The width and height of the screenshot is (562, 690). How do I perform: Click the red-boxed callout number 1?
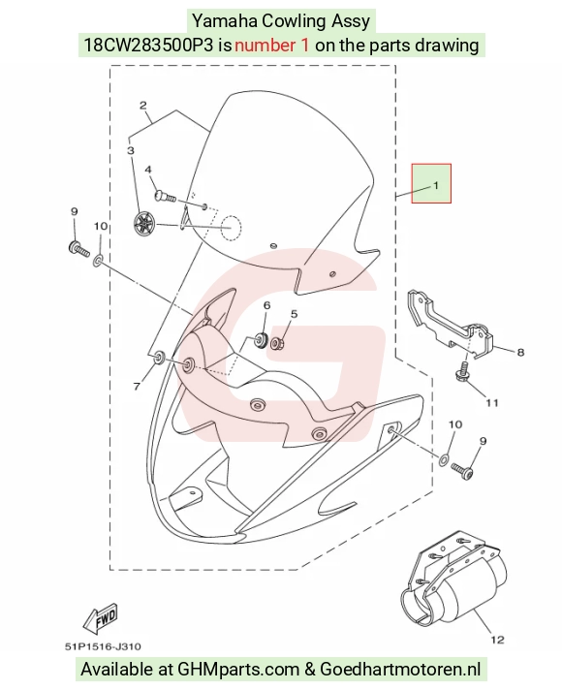[436, 185]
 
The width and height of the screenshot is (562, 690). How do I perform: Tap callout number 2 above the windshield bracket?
[143, 106]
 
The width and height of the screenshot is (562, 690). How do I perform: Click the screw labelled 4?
[165, 196]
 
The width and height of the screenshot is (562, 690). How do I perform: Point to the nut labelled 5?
[277, 342]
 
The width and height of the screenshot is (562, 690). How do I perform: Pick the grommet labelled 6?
[261, 340]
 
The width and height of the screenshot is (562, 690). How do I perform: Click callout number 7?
[137, 387]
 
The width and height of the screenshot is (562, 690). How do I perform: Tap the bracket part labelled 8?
[450, 325]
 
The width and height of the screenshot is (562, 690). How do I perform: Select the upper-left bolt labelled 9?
[78, 249]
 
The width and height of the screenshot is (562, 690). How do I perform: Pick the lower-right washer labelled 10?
[444, 460]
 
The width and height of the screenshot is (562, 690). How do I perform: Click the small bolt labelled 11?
[462, 372]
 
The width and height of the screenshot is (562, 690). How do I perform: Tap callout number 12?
[497, 640]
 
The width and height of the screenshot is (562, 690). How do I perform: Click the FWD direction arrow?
[101, 616]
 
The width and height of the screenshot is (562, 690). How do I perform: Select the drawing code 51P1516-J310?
[103, 646]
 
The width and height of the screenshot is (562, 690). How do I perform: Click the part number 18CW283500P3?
[149, 45]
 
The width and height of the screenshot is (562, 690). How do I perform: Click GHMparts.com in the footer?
[238, 670]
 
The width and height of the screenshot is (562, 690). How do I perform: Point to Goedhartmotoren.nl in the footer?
[400, 669]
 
